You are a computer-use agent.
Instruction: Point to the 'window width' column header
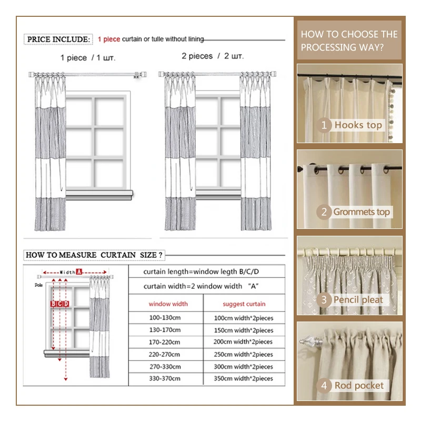coord(168,304)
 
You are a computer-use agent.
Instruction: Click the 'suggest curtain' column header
coord(244,304)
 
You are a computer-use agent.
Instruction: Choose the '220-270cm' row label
coord(164,354)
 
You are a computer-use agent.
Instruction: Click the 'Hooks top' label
coord(358,125)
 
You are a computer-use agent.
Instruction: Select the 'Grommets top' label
coord(362,212)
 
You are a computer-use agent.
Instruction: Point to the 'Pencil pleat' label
coord(358,299)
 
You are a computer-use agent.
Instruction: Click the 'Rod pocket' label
coord(359,386)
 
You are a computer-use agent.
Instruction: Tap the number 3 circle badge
coord(324,299)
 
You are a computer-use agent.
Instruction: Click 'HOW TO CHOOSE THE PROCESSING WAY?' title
coord(349,41)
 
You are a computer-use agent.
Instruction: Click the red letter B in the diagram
coord(53,304)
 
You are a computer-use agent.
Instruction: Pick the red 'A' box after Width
coord(79,272)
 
